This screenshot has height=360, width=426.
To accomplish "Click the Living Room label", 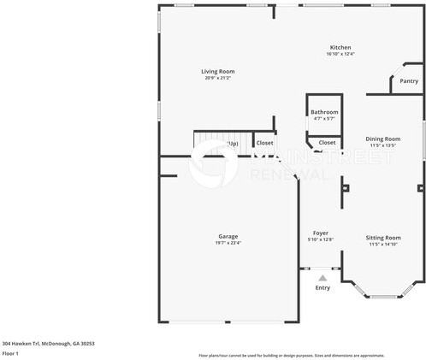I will (218, 72).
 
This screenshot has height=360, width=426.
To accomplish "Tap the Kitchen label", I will (340, 47).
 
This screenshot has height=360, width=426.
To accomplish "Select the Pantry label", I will (409, 81).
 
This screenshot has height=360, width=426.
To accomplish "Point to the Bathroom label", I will (324, 112).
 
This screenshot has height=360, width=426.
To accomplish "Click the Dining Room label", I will (382, 139).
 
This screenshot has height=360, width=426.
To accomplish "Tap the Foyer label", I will (321, 233).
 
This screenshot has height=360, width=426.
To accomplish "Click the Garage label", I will (228, 236).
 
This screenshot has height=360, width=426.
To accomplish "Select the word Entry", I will (322, 288).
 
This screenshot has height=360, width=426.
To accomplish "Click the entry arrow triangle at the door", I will (322, 277).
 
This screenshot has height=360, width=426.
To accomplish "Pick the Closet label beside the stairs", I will (265, 143).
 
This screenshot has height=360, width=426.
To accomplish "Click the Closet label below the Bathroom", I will (327, 143).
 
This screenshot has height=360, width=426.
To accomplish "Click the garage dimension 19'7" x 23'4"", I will (228, 243).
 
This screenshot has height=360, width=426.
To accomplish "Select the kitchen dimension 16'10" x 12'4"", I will (340, 54).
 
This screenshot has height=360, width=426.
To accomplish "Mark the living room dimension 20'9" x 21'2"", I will (218, 79).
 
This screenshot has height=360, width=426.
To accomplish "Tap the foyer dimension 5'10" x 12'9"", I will (321, 239).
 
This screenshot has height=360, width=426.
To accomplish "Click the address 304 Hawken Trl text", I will (47, 343).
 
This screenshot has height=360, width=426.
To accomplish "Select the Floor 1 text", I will (10, 353).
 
